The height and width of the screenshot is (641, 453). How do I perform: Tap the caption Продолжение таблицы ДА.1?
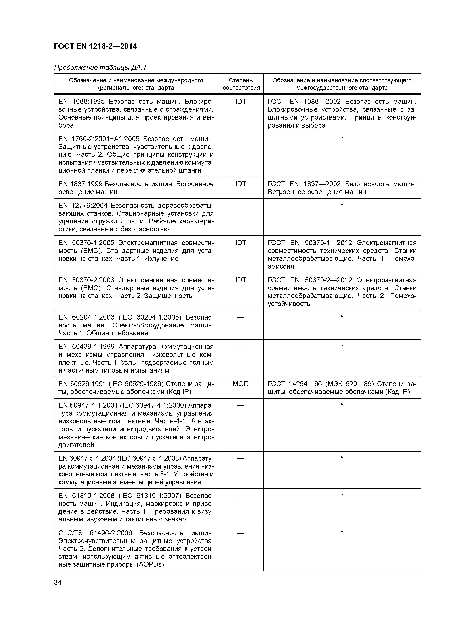coord(100,68)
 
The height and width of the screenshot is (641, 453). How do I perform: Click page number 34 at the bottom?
coord(58,582)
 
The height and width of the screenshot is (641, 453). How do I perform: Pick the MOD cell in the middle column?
coord(240,384)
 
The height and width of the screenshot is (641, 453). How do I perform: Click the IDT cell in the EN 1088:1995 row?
coord(241,102)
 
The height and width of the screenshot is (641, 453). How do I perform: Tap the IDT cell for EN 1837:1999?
coord(241,184)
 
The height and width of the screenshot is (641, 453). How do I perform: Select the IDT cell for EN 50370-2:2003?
coord(241,280)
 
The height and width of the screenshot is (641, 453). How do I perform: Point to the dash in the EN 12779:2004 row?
coord(241,206)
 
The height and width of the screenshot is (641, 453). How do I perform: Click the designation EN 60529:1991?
coord(82,384)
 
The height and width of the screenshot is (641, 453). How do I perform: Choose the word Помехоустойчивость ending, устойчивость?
coord(289,304)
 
